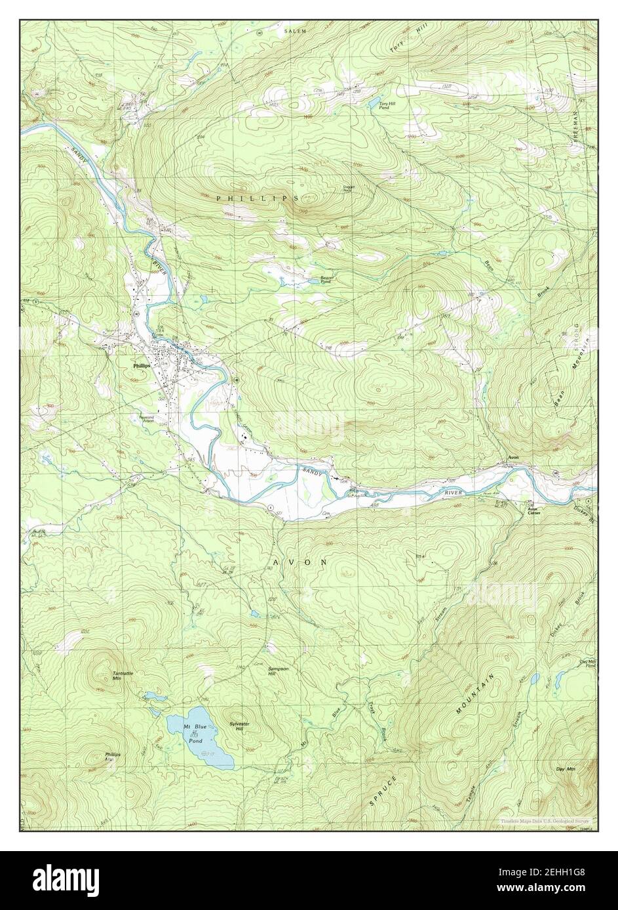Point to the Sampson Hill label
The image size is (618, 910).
(278, 670)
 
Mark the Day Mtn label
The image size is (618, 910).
(565, 769)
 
